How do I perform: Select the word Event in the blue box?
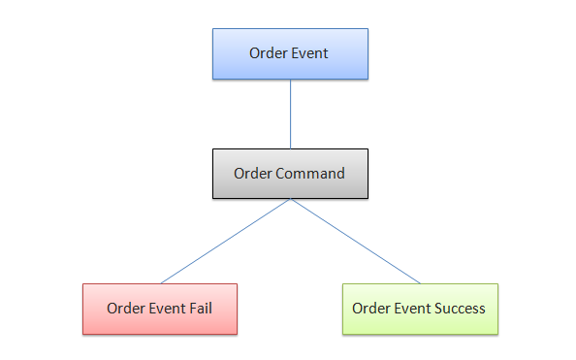coord(310,53)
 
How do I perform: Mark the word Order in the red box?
coord(126,309)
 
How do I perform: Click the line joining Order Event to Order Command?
coord(290,114)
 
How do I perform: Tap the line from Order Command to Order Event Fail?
coord(225,242)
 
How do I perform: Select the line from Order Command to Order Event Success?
coord(355,242)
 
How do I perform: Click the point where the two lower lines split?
coord(290,200)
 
